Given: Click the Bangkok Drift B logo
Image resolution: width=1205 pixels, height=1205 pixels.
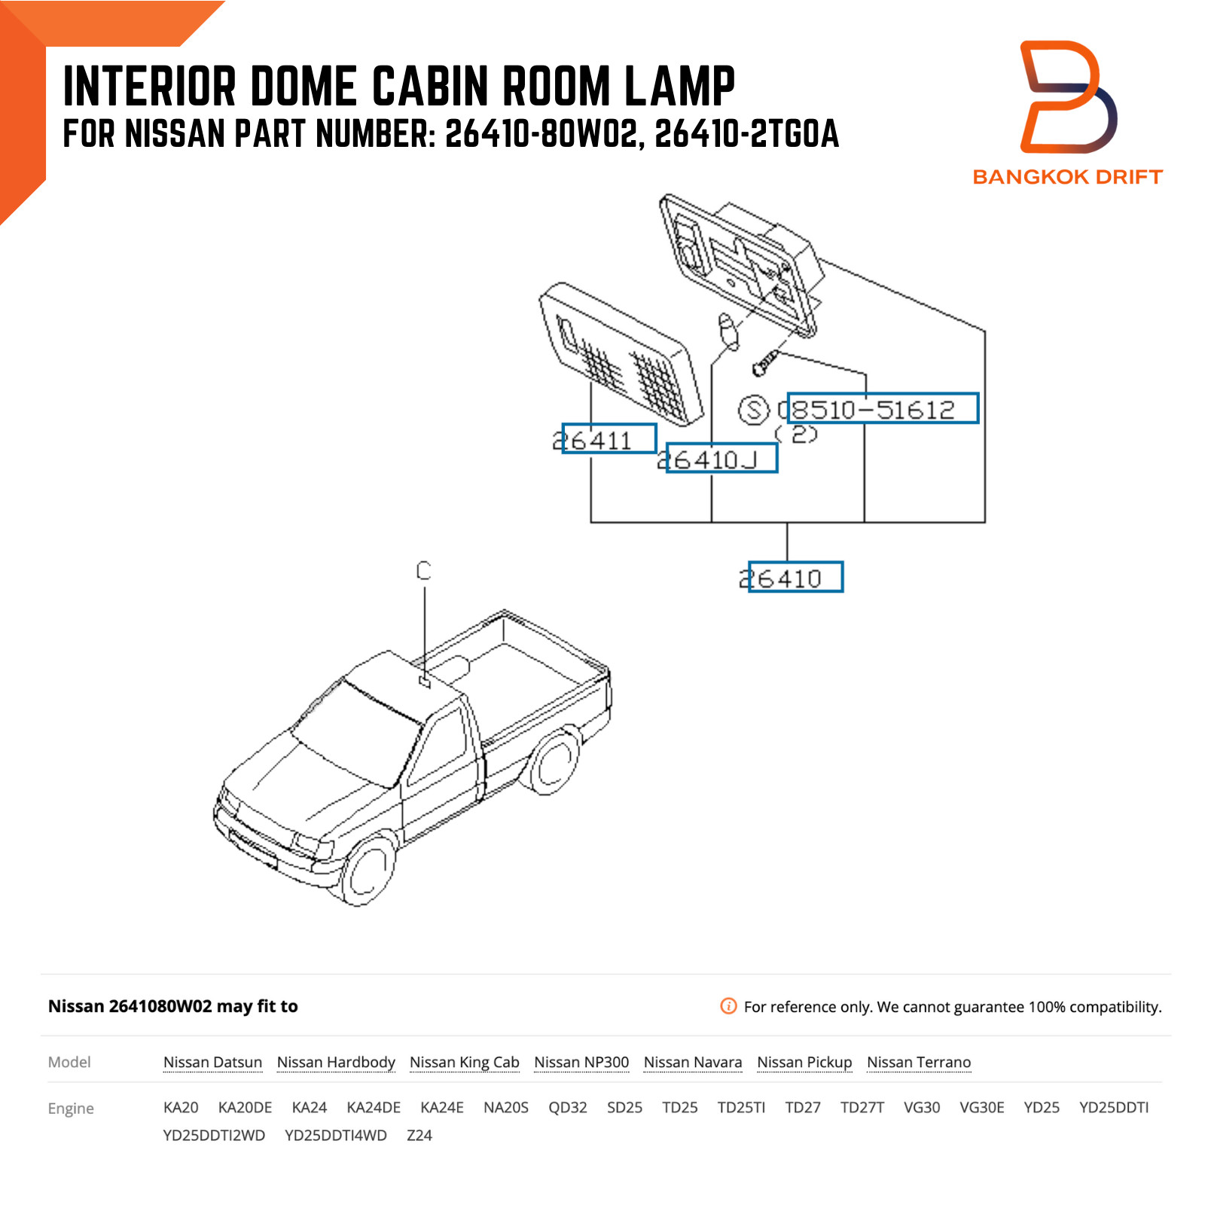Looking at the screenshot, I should (1067, 98).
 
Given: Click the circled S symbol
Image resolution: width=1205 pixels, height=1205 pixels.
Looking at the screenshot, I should (753, 410).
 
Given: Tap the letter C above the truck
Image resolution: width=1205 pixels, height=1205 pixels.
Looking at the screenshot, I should (424, 571).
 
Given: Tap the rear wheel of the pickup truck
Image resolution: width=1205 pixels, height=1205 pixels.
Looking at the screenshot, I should (556, 762).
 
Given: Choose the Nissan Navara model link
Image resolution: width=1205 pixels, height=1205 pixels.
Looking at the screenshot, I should (692, 1062).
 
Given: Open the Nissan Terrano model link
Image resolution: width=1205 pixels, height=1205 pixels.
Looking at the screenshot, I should (918, 1062).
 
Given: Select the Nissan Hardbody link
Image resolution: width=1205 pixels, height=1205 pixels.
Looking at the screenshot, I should (336, 1062).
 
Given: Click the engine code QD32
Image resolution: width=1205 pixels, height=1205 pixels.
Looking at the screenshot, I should (567, 1107).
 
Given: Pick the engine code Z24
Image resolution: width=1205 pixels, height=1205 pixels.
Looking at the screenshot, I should (419, 1135).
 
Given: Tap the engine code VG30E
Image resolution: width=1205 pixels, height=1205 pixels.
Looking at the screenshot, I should (981, 1107).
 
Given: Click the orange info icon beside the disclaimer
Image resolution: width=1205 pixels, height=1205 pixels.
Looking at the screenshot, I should (728, 1006).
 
